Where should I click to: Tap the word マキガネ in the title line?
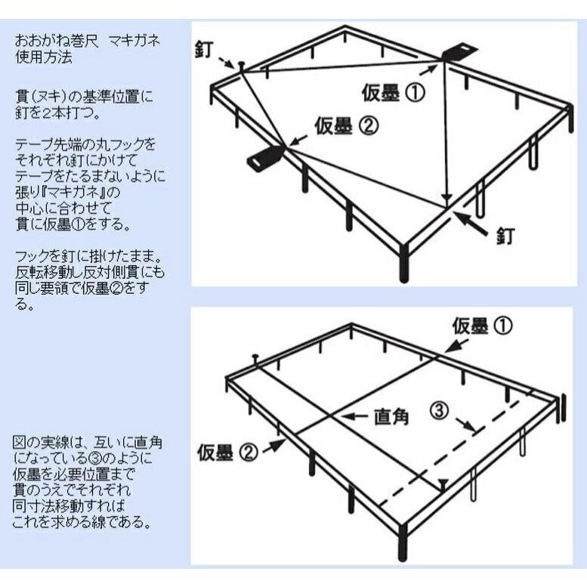tap(134, 40)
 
